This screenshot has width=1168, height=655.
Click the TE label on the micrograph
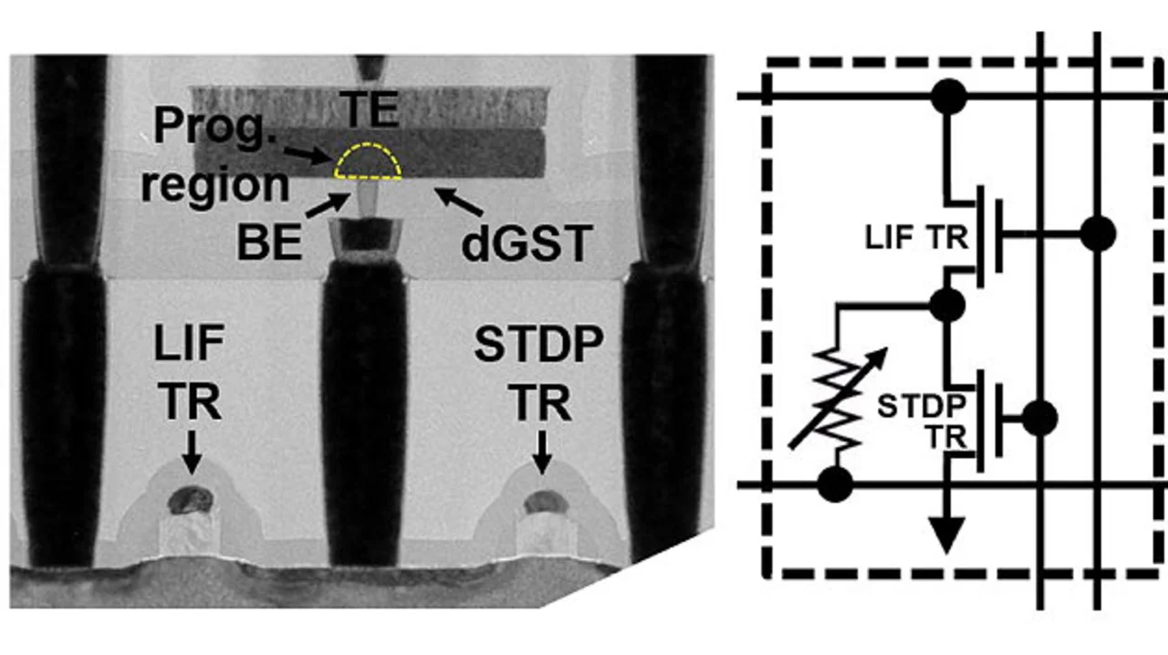[x=370, y=111]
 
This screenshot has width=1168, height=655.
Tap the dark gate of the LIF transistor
[x=190, y=499]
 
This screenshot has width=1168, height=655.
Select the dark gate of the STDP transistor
[x=544, y=500]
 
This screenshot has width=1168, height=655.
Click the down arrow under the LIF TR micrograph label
[x=190, y=452]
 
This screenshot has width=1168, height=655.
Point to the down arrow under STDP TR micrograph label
[x=543, y=452]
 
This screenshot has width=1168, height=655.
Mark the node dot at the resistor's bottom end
[x=834, y=483]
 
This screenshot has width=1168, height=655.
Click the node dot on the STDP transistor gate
[x=1039, y=418]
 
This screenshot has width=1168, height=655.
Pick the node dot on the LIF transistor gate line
[x=1098, y=234]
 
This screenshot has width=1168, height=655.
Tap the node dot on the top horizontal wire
[x=948, y=96]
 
